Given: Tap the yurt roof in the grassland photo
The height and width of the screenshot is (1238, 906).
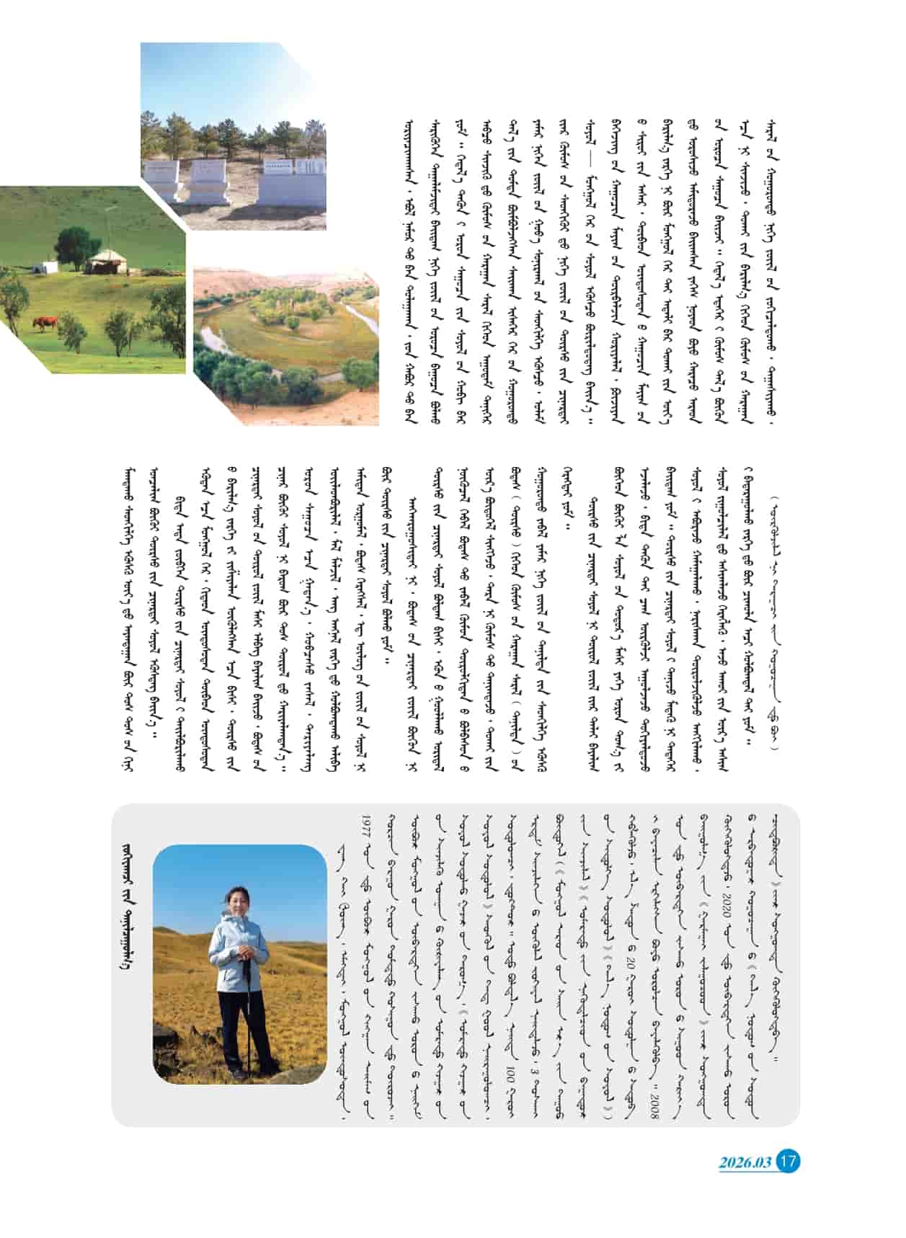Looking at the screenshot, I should pyautogui.click(x=107, y=257).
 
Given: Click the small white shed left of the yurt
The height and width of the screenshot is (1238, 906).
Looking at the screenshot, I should pyautogui.click(x=50, y=267).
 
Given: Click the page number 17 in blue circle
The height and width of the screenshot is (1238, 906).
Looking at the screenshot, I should pyautogui.click(x=789, y=1162).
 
